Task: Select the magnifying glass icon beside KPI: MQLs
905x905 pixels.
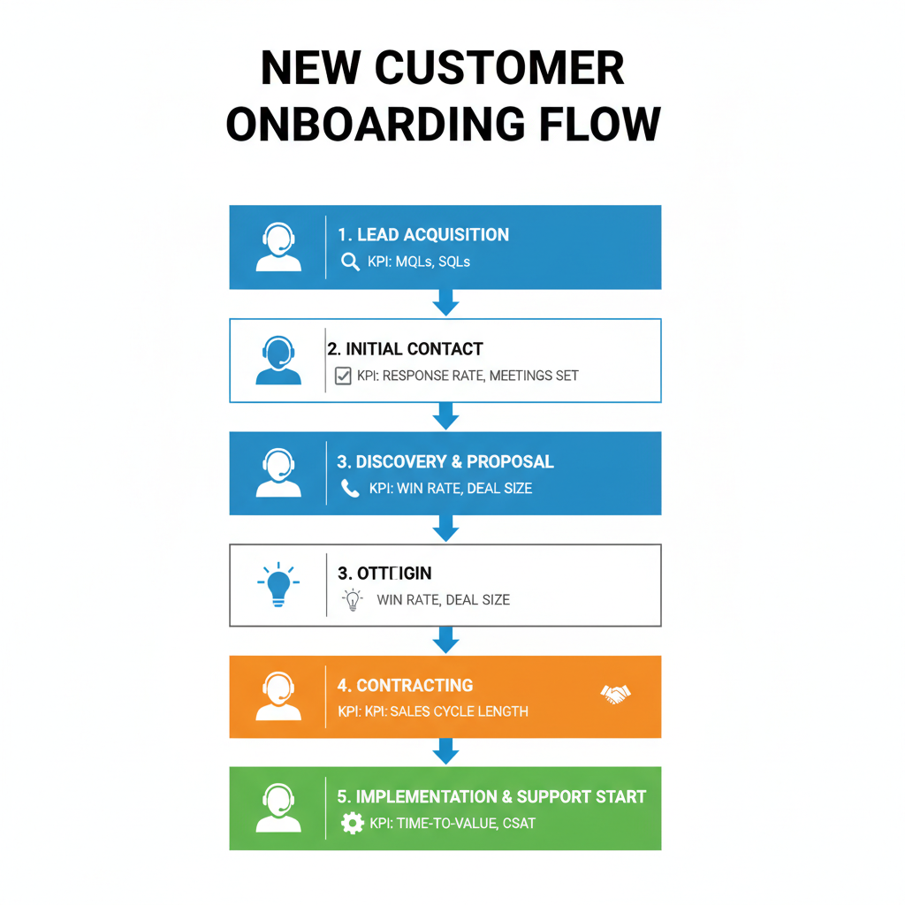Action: [350, 262]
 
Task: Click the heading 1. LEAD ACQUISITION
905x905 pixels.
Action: [423, 235]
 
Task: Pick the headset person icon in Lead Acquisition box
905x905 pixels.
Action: [278, 247]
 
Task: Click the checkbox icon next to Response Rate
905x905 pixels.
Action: [343, 376]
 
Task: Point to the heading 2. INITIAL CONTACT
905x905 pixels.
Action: [405, 349]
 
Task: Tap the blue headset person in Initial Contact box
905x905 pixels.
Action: [278, 361]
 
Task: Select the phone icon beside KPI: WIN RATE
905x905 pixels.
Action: [350, 488]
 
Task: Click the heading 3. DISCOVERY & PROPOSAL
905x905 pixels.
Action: [445, 461]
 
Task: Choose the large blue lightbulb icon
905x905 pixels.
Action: [278, 584]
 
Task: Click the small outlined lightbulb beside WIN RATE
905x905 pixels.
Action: [353, 599]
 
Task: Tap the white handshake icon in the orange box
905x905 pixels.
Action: [615, 695]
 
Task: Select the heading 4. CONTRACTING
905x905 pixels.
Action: [405, 685]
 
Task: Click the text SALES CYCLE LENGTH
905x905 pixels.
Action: [459, 711]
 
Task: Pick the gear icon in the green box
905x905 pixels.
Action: [352, 824]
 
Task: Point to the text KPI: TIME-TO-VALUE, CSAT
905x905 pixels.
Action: [452, 824]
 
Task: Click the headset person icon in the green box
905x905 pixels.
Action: [278, 809]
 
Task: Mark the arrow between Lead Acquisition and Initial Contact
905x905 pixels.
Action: [445, 304]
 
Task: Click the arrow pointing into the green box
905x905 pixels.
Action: [445, 751]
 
